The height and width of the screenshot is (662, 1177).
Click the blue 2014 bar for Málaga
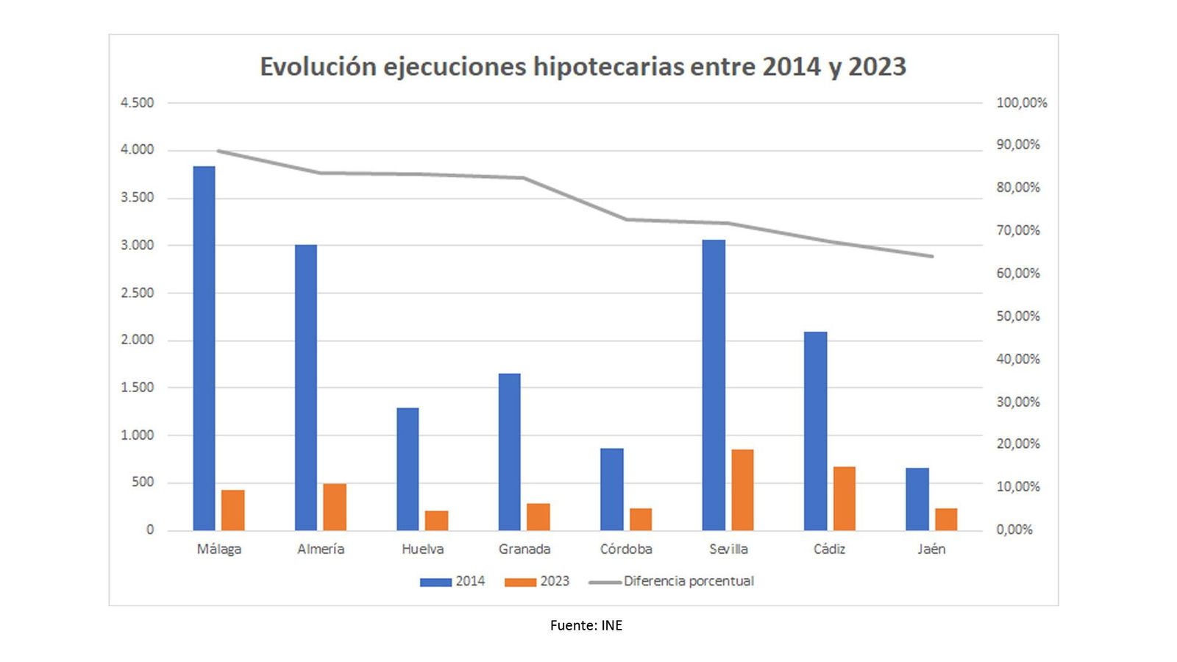(x=204, y=348)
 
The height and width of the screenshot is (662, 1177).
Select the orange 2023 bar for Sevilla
(x=742, y=490)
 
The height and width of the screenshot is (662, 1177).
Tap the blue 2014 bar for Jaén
(x=917, y=499)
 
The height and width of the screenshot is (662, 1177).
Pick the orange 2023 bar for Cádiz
(x=844, y=498)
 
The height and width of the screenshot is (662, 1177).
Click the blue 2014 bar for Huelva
(x=408, y=469)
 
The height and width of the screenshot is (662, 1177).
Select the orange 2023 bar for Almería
(x=335, y=507)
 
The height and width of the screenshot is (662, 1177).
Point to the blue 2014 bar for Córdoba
(x=611, y=489)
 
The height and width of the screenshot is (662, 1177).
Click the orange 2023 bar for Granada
(x=538, y=516)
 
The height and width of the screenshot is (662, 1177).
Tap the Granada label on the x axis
(x=525, y=549)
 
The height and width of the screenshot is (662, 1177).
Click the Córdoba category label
(x=626, y=549)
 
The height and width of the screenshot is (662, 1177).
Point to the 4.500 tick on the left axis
(x=138, y=103)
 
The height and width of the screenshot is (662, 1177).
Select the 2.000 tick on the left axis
(x=138, y=340)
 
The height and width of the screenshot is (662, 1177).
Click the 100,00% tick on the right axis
(x=1021, y=103)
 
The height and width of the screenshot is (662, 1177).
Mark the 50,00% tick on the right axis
(x=1018, y=316)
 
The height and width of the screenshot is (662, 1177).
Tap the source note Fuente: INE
(x=586, y=625)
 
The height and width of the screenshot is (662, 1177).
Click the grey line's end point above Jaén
(x=931, y=256)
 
